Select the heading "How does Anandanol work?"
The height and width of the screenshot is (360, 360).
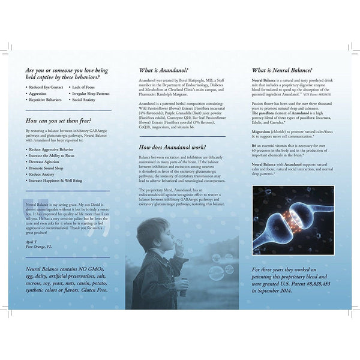tap(172, 147)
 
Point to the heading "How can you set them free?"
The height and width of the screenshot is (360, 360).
tap(62, 120)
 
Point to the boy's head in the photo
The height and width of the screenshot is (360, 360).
tap(149, 232)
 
